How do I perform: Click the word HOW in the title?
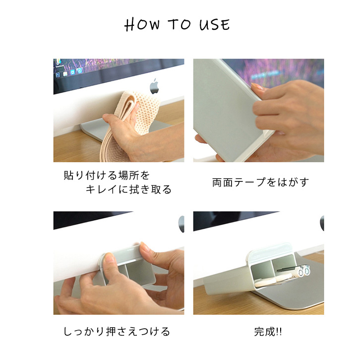(x=142, y=25)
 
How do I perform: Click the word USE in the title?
(x=214, y=25)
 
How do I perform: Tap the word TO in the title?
(x=180, y=24)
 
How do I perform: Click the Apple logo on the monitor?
(x=154, y=86)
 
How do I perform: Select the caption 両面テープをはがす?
(x=260, y=182)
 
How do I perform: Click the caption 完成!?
(x=268, y=332)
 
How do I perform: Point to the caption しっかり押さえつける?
(x=117, y=332)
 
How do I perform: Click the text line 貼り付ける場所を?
(x=107, y=176)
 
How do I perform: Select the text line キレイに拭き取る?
(x=128, y=189)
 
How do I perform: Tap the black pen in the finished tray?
(x=287, y=269)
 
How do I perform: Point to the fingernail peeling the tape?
(x=257, y=87)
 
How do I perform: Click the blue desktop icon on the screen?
(x=72, y=72)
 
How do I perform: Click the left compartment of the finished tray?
(x=261, y=271)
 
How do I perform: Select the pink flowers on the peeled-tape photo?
(x=283, y=71)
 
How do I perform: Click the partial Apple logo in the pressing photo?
(x=181, y=224)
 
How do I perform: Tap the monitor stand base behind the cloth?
(x=92, y=130)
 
